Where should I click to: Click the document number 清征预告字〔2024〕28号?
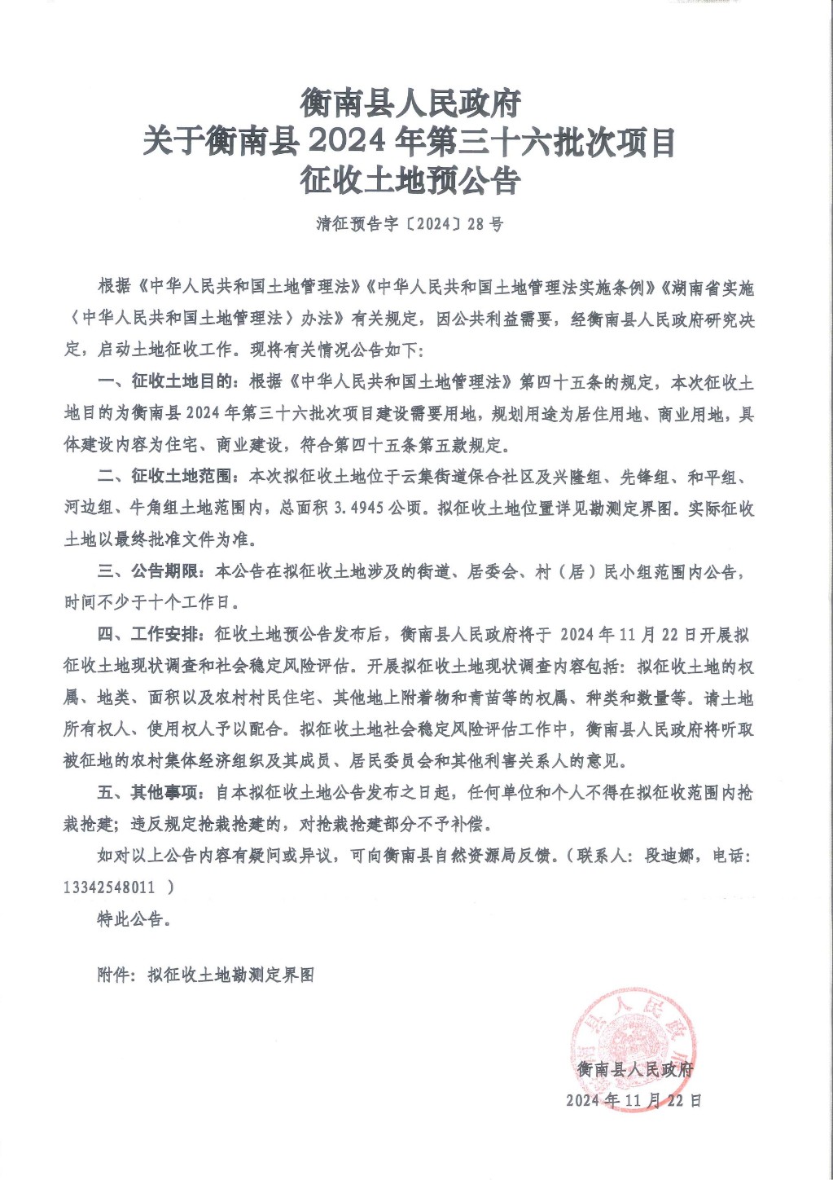point(410,223)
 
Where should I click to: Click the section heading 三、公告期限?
point(151,571)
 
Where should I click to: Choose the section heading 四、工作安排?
point(151,634)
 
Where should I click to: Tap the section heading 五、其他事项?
point(151,792)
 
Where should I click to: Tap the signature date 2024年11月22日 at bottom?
point(634,1100)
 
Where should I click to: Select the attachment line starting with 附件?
point(205,975)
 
